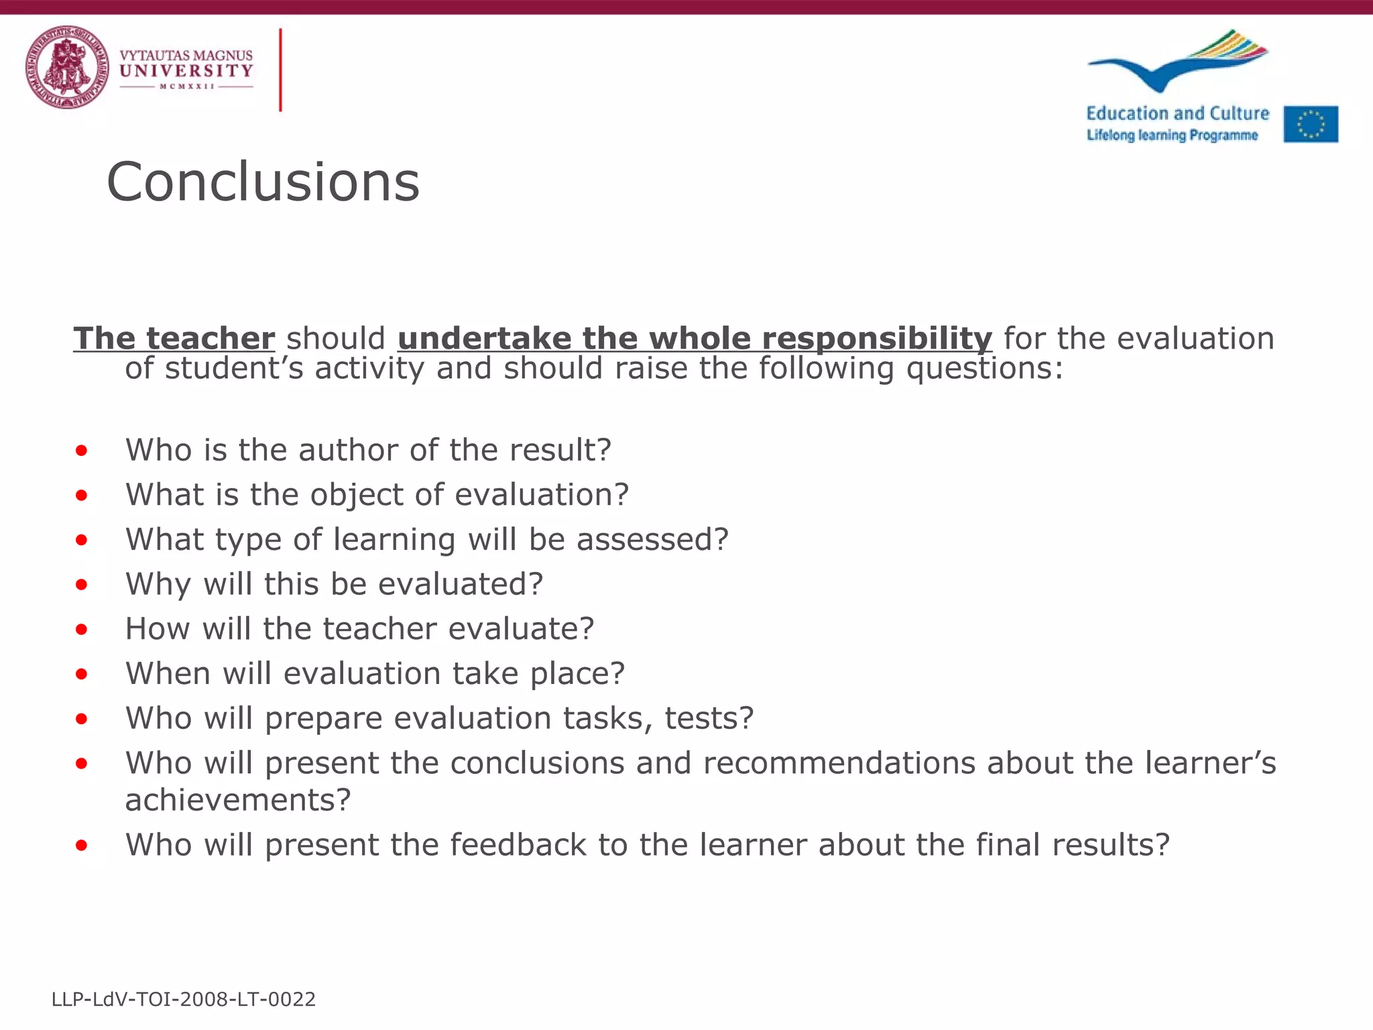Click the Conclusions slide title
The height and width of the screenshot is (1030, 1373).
(x=263, y=182)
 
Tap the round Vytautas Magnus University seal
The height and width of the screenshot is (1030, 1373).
(x=67, y=67)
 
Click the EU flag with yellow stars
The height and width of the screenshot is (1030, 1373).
(x=1311, y=124)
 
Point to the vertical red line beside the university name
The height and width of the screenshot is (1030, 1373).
(x=280, y=70)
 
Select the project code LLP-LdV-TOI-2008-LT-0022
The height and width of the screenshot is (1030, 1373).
(x=183, y=999)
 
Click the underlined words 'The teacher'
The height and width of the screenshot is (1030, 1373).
(x=174, y=338)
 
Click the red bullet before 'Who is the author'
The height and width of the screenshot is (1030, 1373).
(x=81, y=451)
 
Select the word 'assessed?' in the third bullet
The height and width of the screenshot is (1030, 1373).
(x=652, y=539)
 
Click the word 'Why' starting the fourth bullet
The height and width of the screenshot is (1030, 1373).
(x=158, y=584)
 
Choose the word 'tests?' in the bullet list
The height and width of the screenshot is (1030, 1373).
(x=709, y=718)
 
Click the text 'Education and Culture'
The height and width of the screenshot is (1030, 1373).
(x=1177, y=113)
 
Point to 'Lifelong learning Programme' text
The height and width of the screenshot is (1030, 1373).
(x=1172, y=135)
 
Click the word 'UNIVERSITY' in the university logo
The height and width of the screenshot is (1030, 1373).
(x=186, y=70)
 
